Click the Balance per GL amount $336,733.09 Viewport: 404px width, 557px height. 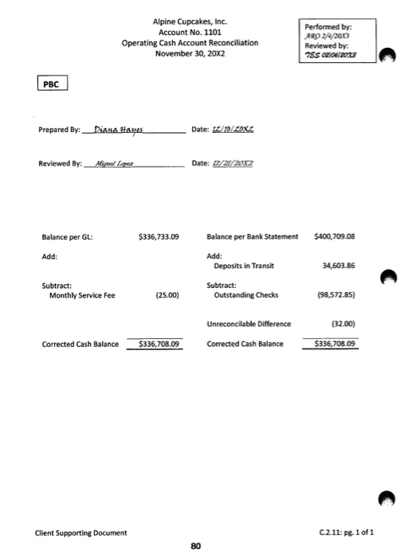[159, 237]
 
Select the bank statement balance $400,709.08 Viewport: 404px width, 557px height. [335, 236]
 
